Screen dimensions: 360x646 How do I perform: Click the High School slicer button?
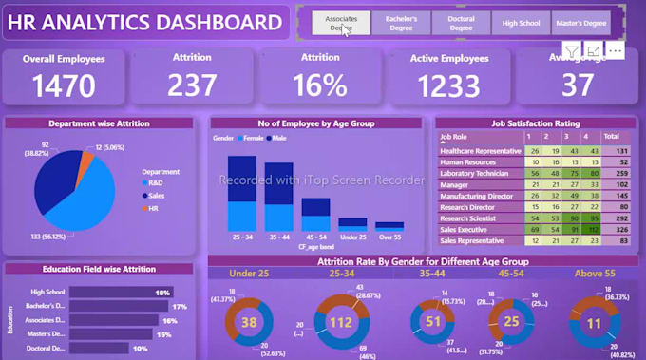[521, 23]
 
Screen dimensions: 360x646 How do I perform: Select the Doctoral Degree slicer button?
[461, 23]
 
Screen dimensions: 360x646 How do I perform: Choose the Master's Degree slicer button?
[580, 23]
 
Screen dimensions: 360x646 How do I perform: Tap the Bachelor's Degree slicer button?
[401, 23]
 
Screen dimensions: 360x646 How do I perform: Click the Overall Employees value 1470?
[64, 85]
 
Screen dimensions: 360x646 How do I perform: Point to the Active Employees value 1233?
[450, 85]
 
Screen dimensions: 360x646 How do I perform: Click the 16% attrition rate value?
[320, 85]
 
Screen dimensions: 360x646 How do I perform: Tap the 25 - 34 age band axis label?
[241, 237]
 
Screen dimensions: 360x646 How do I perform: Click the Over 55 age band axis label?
[389, 237]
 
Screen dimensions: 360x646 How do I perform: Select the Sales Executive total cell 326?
[623, 230]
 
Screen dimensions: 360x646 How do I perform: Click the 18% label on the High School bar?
[163, 293]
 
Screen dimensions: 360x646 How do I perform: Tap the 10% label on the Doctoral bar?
[139, 349]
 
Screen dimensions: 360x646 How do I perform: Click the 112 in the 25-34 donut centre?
[339, 321]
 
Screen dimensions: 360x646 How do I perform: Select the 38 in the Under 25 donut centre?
[250, 322]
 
